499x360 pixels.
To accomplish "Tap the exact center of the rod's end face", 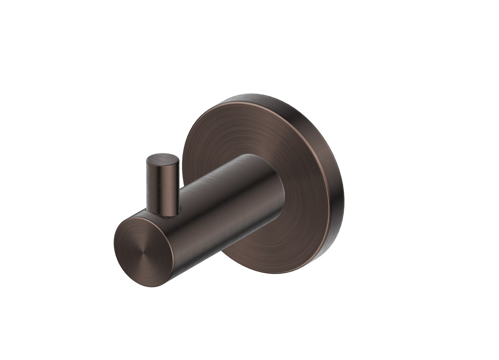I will coord(143,252).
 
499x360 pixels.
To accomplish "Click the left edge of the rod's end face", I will coord(115,243).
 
